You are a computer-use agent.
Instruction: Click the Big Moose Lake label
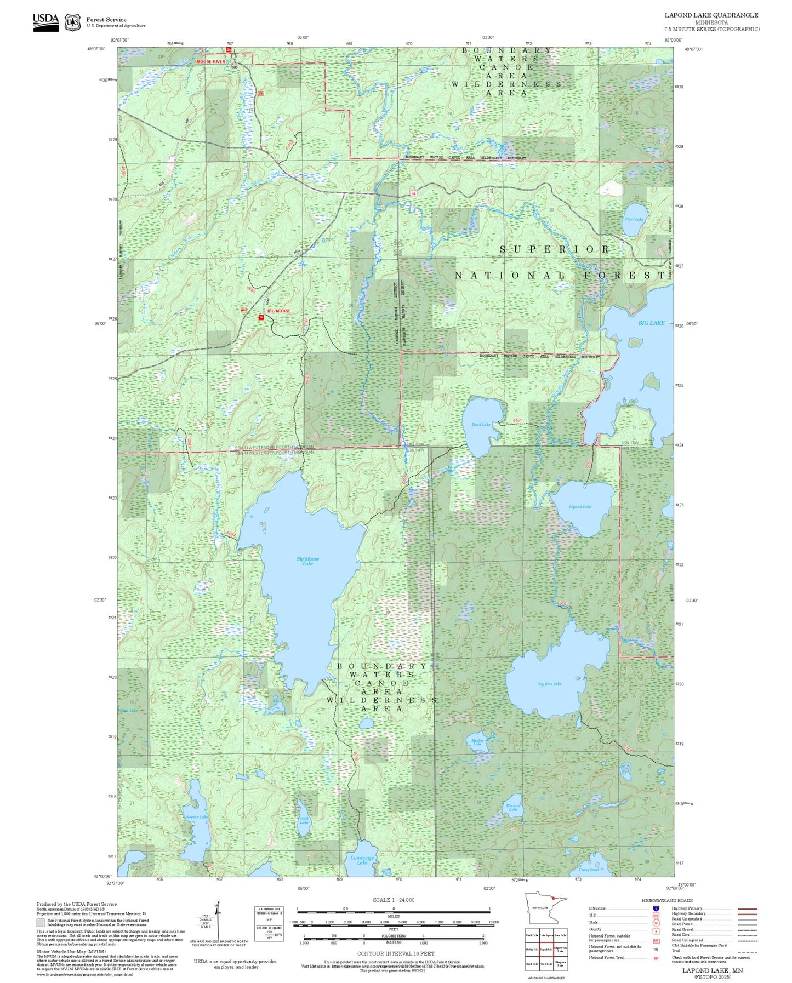click(x=307, y=561)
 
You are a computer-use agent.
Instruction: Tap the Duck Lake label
click(x=481, y=425)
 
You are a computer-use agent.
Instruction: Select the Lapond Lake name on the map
click(x=579, y=507)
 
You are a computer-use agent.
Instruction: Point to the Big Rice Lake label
click(x=549, y=684)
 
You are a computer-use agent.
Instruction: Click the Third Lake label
click(x=634, y=219)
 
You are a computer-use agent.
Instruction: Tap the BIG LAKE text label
click(x=651, y=323)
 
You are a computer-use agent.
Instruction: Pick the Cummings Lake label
click(x=362, y=860)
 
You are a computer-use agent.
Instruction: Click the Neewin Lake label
click(x=196, y=817)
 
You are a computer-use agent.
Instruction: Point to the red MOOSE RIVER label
click(x=211, y=62)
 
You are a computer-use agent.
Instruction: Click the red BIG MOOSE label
click(x=279, y=311)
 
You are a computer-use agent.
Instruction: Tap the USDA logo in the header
click(x=45, y=22)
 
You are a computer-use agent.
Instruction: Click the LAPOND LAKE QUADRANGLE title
click(x=711, y=15)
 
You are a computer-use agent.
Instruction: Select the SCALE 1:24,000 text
click(x=393, y=900)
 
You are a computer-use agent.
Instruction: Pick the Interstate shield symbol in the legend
click(x=656, y=908)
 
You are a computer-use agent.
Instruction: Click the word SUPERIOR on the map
click(x=554, y=249)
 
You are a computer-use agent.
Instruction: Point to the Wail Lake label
click(x=304, y=820)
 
